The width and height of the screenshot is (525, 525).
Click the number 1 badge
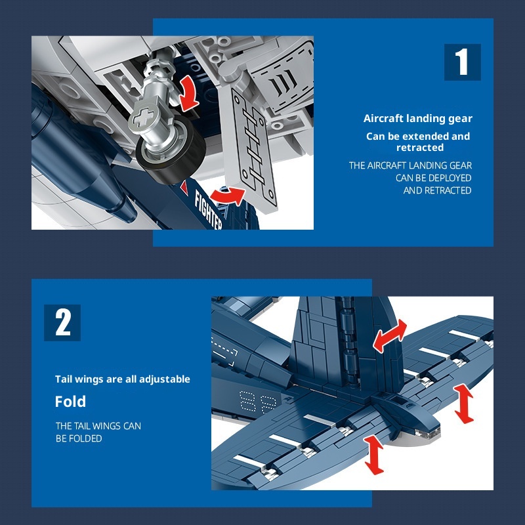click(463, 62)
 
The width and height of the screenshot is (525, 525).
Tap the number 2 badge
click(62, 322)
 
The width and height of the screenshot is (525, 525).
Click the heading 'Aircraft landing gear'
click(418, 119)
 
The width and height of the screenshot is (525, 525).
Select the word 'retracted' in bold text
click(420, 148)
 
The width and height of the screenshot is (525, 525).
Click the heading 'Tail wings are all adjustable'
click(123, 379)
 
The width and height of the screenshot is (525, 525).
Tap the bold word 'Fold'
click(70, 401)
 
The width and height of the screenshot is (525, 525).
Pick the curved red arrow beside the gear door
click(228, 196)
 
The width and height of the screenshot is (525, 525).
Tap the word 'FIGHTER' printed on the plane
click(207, 209)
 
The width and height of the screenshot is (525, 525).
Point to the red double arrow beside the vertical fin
click(390, 336)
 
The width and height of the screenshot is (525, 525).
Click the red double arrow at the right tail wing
click(464, 404)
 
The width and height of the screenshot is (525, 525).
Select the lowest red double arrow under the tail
click(374, 455)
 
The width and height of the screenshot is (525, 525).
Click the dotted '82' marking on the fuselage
click(258, 401)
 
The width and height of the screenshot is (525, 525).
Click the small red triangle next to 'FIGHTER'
click(184, 187)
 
